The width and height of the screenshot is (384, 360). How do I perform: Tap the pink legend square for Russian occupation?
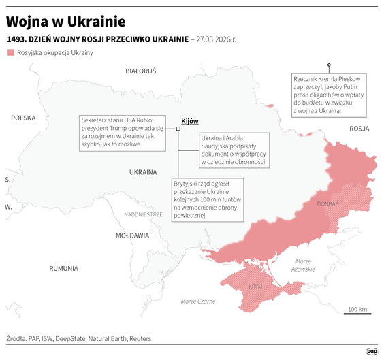coord(10,52)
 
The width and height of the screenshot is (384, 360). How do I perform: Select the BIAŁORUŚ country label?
coord(141,71)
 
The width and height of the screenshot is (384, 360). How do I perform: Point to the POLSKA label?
coord(22,118)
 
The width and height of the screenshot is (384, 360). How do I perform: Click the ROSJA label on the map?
coord(359,128)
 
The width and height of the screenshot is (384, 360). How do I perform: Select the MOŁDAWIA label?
coord(132,235)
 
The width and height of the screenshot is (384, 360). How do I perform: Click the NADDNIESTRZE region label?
coord(143,214)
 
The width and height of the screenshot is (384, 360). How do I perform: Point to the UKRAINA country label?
coord(144,172)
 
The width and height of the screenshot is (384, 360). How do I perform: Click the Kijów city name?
coord(190,121)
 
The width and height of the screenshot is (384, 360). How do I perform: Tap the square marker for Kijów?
coord(178,128)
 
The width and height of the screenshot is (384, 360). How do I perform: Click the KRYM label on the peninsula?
coord(255,287)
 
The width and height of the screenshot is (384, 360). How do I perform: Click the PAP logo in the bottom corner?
coord(372,350)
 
